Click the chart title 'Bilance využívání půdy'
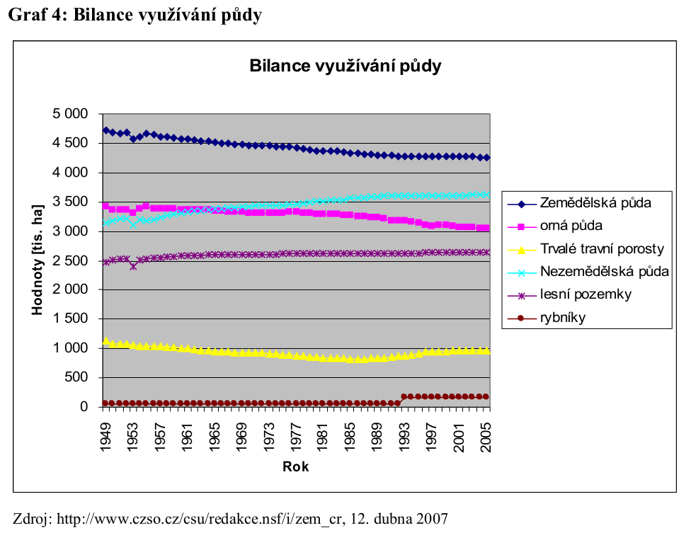[345, 67]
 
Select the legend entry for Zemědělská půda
[595, 203]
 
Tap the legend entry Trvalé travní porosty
[601, 248]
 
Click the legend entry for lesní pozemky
[585, 294]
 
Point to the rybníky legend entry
[563, 317]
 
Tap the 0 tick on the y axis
[84, 407]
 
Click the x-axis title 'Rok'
[296, 466]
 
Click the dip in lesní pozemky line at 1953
[133, 266]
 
